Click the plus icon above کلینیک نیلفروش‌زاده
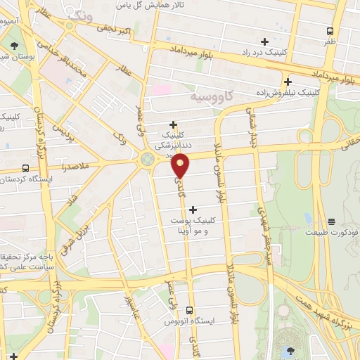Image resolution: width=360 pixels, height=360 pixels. (288, 82)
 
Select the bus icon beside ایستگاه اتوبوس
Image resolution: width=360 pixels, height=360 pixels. (189, 310)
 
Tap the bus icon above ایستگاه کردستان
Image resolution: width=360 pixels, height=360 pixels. (26, 168)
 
